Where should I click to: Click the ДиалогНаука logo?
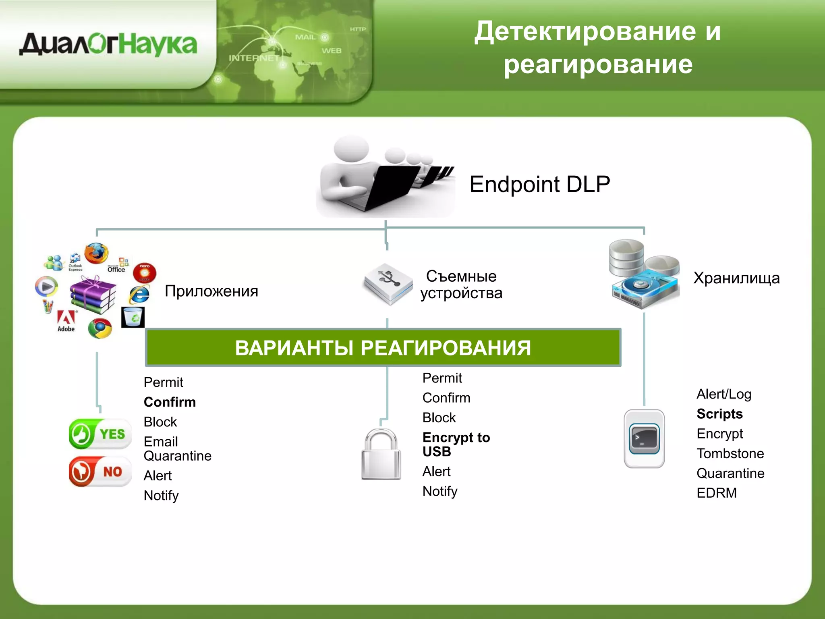[x=108, y=44]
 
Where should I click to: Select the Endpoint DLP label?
[x=539, y=185]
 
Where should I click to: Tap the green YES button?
[x=100, y=434]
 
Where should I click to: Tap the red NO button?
[x=100, y=472]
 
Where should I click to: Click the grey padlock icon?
[x=381, y=455]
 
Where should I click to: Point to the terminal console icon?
[x=644, y=439]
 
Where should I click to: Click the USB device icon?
[x=388, y=284]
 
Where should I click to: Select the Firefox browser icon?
[x=96, y=253]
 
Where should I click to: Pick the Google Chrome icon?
[x=100, y=328]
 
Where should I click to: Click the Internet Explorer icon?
[x=139, y=294]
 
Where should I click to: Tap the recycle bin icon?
[x=133, y=317]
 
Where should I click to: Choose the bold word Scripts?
[x=719, y=414]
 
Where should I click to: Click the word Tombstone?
[x=730, y=453]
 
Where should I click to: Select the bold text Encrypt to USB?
[x=456, y=444]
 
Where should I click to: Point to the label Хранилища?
[x=736, y=278]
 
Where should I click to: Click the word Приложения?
[x=211, y=291]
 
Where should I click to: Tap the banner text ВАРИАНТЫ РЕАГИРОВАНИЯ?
[x=383, y=348]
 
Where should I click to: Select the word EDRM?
[x=716, y=493]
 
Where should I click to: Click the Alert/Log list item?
[x=723, y=394]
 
